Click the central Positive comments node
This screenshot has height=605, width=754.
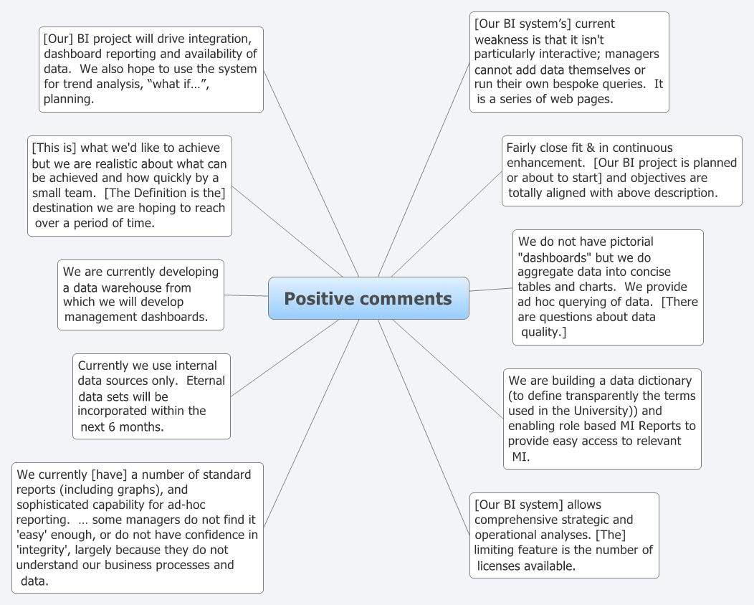368,298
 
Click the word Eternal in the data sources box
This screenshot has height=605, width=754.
206,381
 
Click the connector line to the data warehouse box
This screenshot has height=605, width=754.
246,295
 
